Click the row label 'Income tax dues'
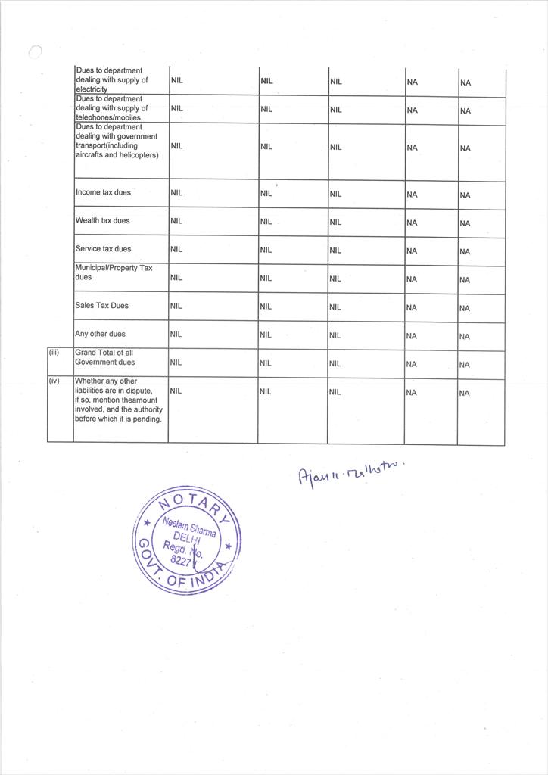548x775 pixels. click(x=103, y=192)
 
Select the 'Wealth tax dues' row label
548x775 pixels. click(x=102, y=221)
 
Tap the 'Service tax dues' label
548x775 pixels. click(x=103, y=249)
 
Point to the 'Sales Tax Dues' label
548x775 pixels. click(x=102, y=306)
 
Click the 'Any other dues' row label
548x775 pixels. click(x=101, y=334)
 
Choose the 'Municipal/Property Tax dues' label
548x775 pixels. click(x=114, y=272)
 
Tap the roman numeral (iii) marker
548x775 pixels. click(x=54, y=353)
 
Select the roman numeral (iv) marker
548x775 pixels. click(x=54, y=381)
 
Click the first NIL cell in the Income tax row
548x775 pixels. click(x=176, y=193)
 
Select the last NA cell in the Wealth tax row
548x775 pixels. click(x=465, y=223)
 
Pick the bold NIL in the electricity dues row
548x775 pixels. click(x=266, y=80)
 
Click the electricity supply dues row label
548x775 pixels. click(x=112, y=80)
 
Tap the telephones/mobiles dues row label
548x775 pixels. click(x=112, y=108)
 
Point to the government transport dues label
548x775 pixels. click(x=117, y=142)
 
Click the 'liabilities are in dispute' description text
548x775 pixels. click(x=119, y=400)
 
